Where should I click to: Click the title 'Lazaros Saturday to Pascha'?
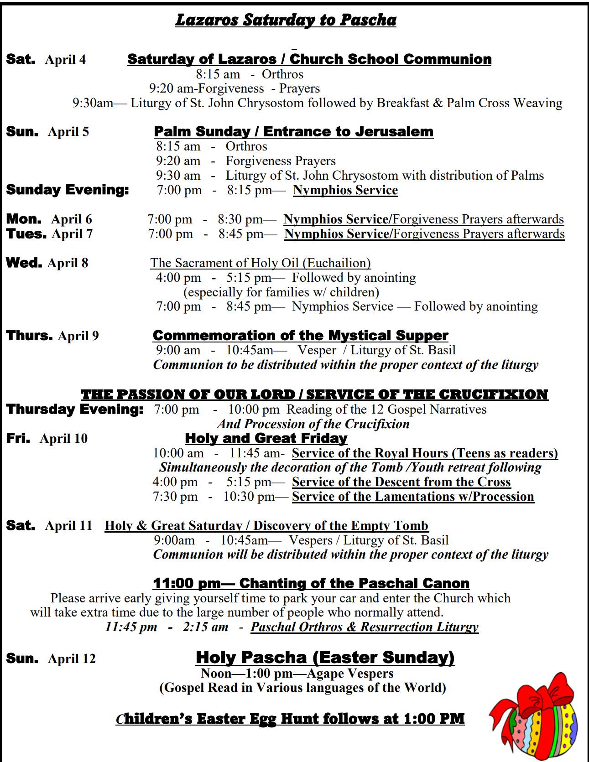click(286, 20)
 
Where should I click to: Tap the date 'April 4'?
click(65, 60)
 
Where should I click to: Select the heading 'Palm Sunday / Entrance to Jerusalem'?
click(293, 131)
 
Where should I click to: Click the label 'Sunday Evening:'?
click(68, 190)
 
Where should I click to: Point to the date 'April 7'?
click(72, 234)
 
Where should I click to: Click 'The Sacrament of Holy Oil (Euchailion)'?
click(261, 263)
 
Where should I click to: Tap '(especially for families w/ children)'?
click(281, 292)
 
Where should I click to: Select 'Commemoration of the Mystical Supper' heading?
click(300, 335)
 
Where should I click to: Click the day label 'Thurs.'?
click(30, 335)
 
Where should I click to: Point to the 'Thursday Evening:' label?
click(75, 409)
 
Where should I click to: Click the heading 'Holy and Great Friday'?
click(266, 438)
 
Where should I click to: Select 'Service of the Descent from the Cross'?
click(401, 482)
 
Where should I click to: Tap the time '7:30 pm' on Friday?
click(175, 497)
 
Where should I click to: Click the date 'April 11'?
click(68, 526)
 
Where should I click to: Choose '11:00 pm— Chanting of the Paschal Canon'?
click(311, 583)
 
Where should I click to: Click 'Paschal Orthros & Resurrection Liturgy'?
click(364, 627)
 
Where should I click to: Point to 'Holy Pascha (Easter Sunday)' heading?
click(325, 657)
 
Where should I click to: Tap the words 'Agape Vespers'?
click(350, 674)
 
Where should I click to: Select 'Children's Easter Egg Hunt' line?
click(290, 719)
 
